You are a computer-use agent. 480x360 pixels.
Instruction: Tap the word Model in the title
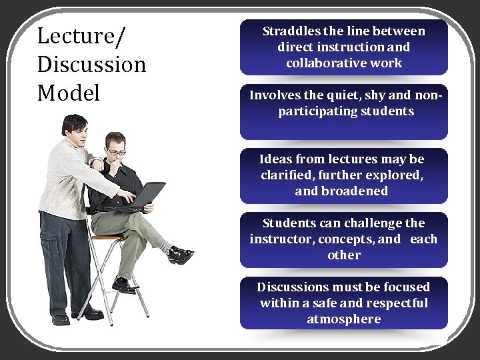pos(69,93)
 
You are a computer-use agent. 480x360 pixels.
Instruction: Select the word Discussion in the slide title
pos(92,64)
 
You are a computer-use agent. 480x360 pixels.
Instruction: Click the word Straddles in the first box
pos(291,31)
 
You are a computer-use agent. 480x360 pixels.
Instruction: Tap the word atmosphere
pos(343,319)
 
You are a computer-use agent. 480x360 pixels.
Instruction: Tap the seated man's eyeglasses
pos(116,153)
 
